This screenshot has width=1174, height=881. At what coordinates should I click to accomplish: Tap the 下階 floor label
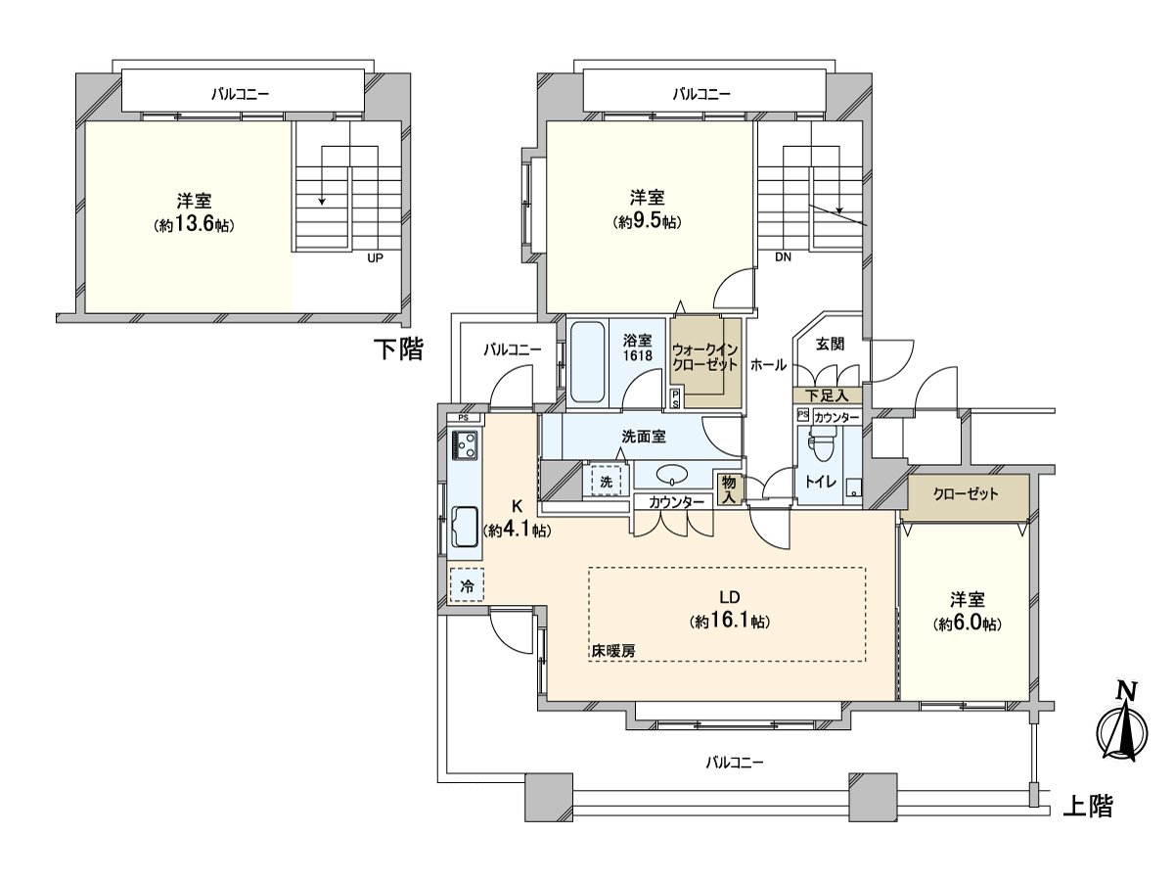(400, 349)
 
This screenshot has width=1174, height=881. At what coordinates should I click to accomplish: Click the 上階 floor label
(1087, 807)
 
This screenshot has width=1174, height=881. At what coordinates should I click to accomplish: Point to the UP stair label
(374, 259)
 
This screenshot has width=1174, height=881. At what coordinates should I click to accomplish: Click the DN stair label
(782, 258)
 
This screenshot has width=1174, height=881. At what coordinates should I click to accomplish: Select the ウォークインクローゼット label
(704, 356)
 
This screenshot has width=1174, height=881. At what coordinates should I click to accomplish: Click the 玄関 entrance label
(831, 343)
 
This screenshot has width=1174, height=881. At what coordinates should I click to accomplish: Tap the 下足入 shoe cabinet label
(827, 395)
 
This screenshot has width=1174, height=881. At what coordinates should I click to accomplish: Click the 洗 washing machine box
(606, 482)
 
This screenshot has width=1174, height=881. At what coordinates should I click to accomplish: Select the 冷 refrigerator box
(467, 586)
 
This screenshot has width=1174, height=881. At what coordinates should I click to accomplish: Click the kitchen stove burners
(465, 447)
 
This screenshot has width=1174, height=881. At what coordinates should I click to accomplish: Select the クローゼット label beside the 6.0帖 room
(967, 494)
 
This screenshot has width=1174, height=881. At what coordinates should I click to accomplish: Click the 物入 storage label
(728, 488)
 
